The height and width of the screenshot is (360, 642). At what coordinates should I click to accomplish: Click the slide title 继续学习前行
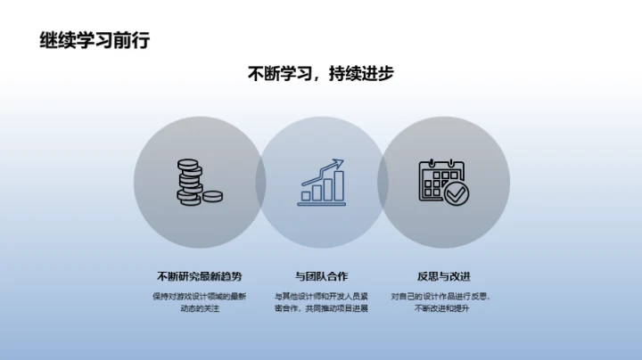pos(95,39)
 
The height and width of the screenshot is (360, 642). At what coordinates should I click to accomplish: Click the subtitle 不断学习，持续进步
pos(321,75)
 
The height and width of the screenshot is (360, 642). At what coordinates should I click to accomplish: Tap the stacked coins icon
pos(190,182)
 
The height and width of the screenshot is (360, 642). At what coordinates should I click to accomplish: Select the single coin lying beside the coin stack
pos(212,196)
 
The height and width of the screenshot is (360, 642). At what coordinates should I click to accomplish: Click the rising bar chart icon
pos(322,183)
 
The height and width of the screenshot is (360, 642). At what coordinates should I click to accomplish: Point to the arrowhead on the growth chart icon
pos(338,163)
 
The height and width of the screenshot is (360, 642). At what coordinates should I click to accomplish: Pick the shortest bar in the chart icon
pos(307,194)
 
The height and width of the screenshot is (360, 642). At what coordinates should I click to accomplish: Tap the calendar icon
pos(440,181)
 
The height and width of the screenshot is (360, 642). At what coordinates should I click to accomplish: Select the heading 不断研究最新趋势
pos(198,275)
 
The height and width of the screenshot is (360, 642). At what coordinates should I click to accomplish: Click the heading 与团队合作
pos(321,275)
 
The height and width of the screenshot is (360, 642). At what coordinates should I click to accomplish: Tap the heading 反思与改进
pos(443,275)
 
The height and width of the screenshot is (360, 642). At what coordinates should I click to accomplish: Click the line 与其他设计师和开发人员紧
pos(321,296)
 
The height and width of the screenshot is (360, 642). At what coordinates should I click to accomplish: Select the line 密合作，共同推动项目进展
pos(321,309)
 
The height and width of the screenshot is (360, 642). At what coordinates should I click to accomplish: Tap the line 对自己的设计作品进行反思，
pos(441,296)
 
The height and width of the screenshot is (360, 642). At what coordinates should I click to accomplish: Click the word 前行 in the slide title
pos(132,39)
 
